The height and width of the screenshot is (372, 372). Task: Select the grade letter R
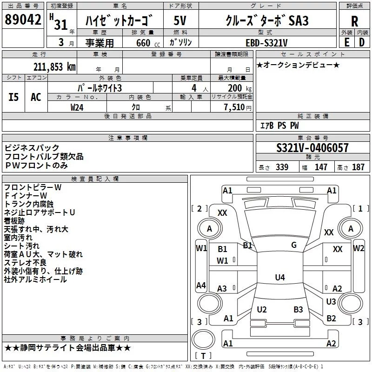click(354, 21)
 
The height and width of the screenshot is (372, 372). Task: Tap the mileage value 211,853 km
click(54, 66)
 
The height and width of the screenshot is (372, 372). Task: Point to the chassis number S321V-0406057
click(312, 148)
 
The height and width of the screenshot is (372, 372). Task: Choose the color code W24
click(77, 107)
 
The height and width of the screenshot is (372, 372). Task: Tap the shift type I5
click(13, 97)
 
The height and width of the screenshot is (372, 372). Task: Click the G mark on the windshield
click(293, 245)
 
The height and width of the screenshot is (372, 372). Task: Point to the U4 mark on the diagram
click(279, 278)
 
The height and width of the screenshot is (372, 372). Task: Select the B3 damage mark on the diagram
click(298, 309)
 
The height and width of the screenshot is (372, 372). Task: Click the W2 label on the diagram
click(359, 248)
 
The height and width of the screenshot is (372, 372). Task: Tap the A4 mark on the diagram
click(201, 285)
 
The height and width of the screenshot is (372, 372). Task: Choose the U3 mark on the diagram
click(331, 301)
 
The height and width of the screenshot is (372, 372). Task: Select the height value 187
click(358, 167)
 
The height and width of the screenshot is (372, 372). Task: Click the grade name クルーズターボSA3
click(266, 21)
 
